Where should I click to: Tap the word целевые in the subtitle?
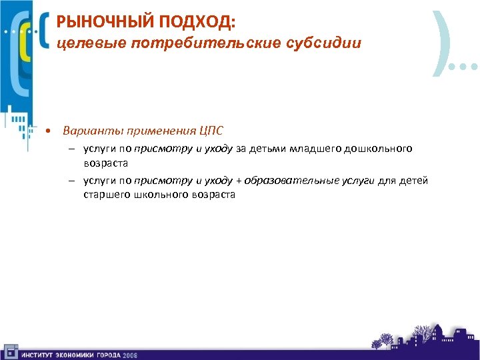[x=83, y=44]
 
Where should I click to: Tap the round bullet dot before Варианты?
[x=49, y=130]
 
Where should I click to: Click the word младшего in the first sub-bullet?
[x=315, y=149]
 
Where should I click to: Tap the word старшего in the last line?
[x=106, y=195]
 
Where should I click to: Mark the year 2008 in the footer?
[x=129, y=355]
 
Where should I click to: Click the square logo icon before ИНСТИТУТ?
[x=10, y=351]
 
